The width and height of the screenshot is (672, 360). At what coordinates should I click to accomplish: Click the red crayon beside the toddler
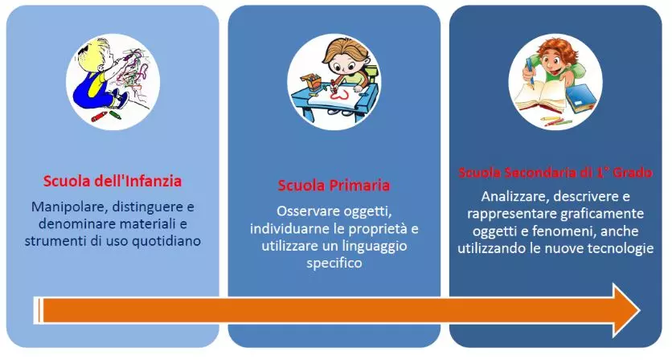[99, 117]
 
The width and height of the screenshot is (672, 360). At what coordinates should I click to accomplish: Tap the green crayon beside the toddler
[115, 115]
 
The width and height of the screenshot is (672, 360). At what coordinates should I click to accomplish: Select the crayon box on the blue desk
[311, 80]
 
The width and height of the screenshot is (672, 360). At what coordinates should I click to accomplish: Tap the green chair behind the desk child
[371, 74]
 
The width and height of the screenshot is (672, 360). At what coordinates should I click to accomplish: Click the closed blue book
[580, 98]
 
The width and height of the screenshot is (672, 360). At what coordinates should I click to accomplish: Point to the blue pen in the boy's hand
[530, 72]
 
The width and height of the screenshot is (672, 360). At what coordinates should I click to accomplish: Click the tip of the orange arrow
[640, 310]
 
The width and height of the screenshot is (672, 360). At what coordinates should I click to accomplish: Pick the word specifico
[334, 263]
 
